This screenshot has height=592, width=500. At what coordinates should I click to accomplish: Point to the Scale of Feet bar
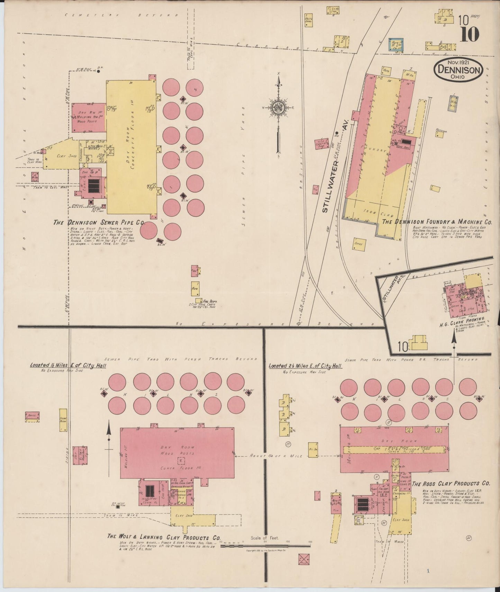click(265, 546)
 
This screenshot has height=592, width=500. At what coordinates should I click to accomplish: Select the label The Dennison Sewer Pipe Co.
click(99, 222)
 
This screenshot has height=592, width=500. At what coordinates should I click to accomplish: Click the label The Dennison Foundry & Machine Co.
click(437, 222)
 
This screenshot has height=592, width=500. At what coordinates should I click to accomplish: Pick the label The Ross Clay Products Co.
click(451, 483)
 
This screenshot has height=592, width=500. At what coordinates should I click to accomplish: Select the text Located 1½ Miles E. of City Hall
click(68, 365)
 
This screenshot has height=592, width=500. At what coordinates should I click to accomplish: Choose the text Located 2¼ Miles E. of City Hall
click(305, 366)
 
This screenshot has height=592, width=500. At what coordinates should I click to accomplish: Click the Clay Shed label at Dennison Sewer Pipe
click(67, 156)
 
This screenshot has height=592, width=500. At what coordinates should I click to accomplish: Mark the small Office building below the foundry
click(359, 244)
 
